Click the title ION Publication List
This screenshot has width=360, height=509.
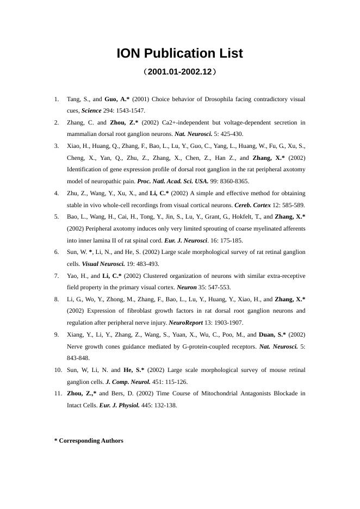pos(179,54)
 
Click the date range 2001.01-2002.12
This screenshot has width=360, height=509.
pos(179,72)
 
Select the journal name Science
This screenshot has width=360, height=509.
pos(92,110)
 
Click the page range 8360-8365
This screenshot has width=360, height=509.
pos(235,181)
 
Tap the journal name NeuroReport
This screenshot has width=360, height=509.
pos(186,322)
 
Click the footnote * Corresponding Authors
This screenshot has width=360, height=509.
pos(89,440)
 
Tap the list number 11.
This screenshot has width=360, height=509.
pos(58,393)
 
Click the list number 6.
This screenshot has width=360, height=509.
pos(57,252)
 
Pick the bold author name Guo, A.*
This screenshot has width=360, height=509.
pos(117,99)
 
